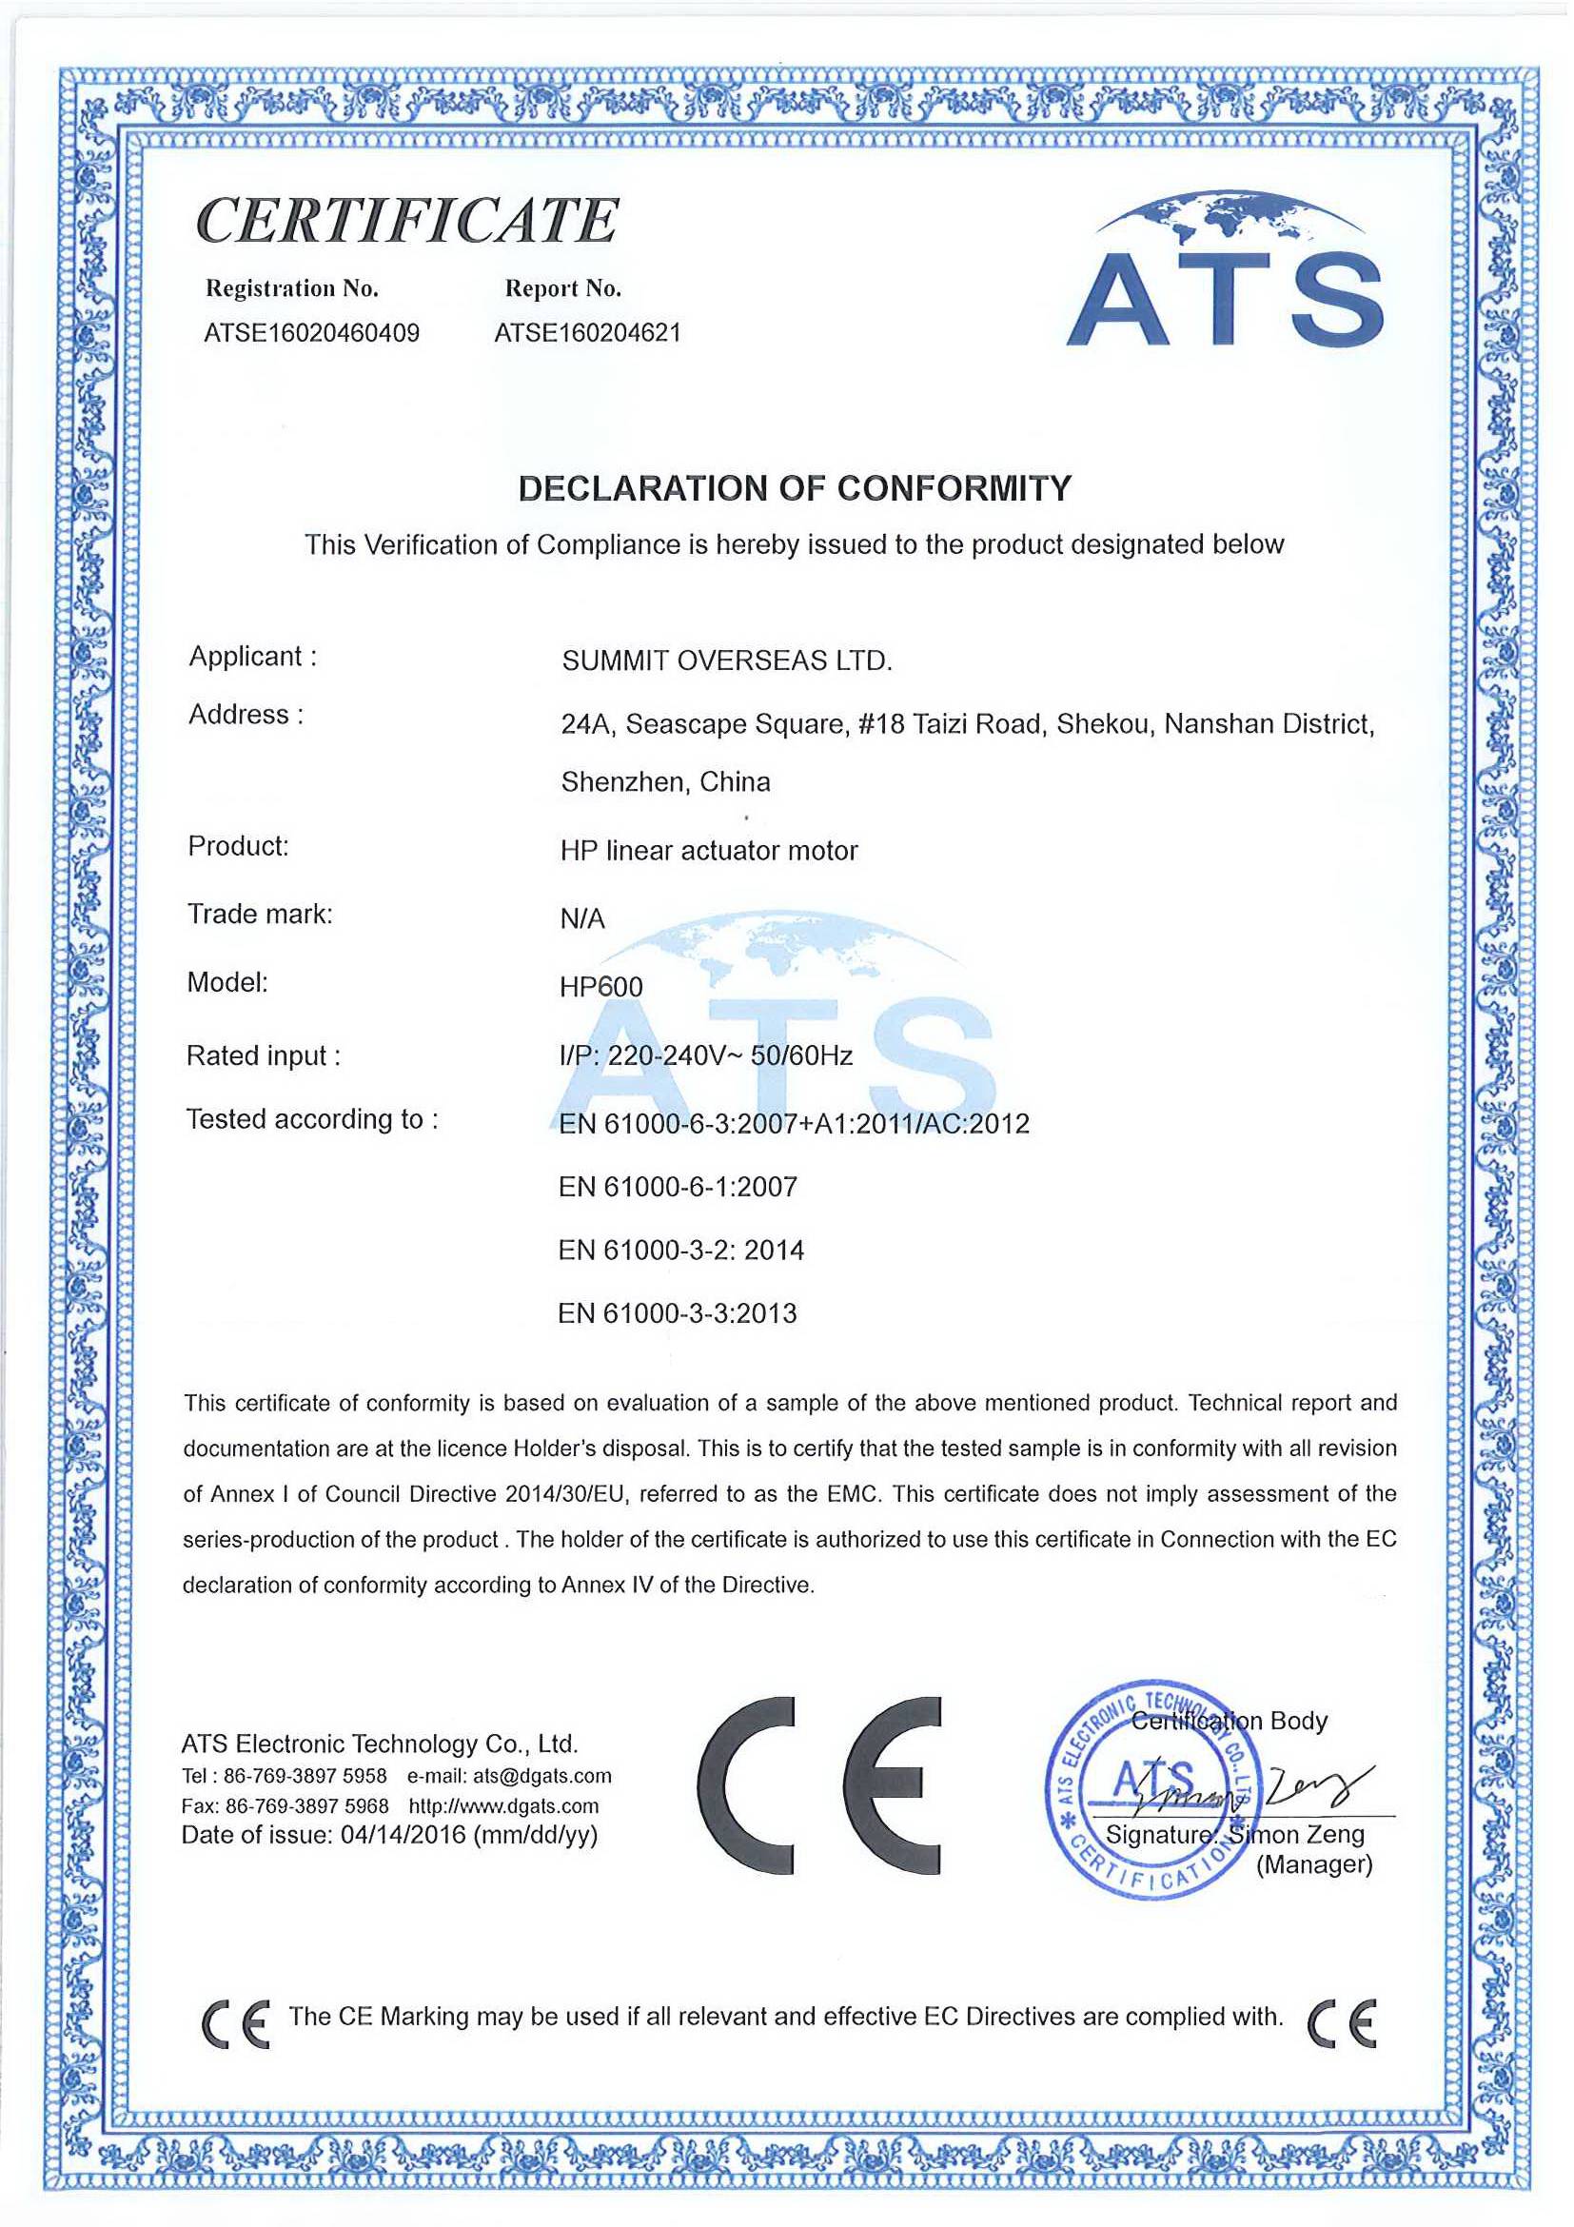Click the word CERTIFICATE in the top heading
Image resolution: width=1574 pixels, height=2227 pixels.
click(x=407, y=221)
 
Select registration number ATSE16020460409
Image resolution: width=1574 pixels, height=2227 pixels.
click(x=311, y=334)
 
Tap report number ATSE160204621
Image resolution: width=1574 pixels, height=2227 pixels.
click(x=588, y=334)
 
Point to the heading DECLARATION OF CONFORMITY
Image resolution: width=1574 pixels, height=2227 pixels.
click(x=795, y=488)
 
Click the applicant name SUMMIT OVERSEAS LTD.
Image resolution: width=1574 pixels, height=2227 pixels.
click(x=726, y=661)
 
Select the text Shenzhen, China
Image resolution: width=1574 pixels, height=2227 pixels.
click(x=665, y=782)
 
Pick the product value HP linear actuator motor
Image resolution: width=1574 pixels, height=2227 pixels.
click(x=709, y=852)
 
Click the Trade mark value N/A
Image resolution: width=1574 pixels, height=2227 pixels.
click(x=581, y=919)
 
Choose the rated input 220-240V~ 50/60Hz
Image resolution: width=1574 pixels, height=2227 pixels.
click(x=729, y=1056)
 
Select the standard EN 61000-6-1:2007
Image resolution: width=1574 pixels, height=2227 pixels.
click(x=677, y=1187)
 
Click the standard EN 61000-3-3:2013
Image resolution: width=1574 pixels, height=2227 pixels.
click(x=677, y=1314)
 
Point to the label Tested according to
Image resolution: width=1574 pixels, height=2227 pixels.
click(x=311, y=1120)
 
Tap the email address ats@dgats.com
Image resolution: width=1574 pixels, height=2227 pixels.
click(x=542, y=1776)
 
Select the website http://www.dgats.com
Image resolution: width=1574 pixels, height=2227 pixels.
click(x=503, y=1806)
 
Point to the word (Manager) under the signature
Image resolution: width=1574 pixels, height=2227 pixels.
click(x=1314, y=1864)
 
